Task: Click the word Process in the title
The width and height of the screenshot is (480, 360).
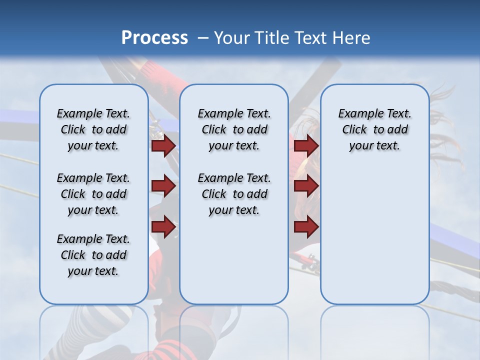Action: (154, 37)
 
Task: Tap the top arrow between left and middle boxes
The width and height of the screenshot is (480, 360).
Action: (163, 145)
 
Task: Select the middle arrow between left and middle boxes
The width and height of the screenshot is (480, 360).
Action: (163, 186)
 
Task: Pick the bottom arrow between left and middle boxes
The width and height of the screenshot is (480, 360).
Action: (163, 227)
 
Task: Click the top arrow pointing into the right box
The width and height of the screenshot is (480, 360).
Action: (306, 145)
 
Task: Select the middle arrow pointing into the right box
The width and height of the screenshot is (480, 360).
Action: (306, 186)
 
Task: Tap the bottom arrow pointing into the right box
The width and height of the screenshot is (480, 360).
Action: (306, 227)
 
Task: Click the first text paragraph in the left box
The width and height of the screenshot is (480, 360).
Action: (93, 129)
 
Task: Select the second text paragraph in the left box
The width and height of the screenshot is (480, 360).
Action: (93, 194)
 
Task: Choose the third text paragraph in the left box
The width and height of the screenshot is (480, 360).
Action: (93, 255)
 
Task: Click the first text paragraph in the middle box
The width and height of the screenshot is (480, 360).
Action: (234, 129)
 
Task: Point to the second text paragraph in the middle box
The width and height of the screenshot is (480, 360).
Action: (234, 194)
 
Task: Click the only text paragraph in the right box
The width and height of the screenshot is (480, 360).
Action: (375, 129)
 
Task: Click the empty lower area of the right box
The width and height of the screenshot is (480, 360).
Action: (375, 235)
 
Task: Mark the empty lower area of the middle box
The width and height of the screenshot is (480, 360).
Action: (234, 260)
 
